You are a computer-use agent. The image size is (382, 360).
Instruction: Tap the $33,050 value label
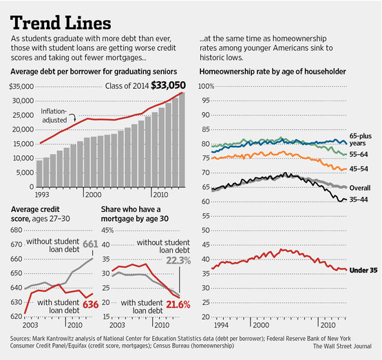pyautogui.click(x=166, y=85)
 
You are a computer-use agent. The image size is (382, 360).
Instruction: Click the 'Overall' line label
pyautogui.click(x=361, y=187)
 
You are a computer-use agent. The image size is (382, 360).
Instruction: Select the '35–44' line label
pyautogui.click(x=360, y=200)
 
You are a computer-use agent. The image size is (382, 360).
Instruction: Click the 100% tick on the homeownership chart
pyautogui.click(x=206, y=86)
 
